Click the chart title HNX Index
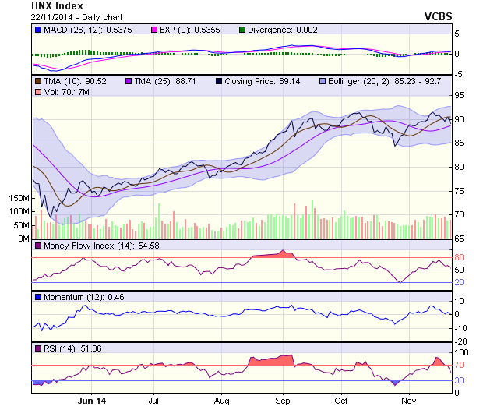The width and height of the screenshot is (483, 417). tap(58, 5)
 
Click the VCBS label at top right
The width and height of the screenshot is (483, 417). tap(438, 16)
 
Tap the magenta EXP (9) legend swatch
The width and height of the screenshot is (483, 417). tap(153, 30)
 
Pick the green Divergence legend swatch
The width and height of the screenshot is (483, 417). tap(242, 30)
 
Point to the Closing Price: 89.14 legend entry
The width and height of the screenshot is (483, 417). tap(262, 81)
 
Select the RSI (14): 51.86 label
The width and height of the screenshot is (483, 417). tap(71, 348)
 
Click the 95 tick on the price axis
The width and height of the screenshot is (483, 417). tap(460, 96)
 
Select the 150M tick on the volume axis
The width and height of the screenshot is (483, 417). tap(18, 199)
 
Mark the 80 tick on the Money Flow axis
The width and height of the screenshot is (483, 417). tap(460, 257)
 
